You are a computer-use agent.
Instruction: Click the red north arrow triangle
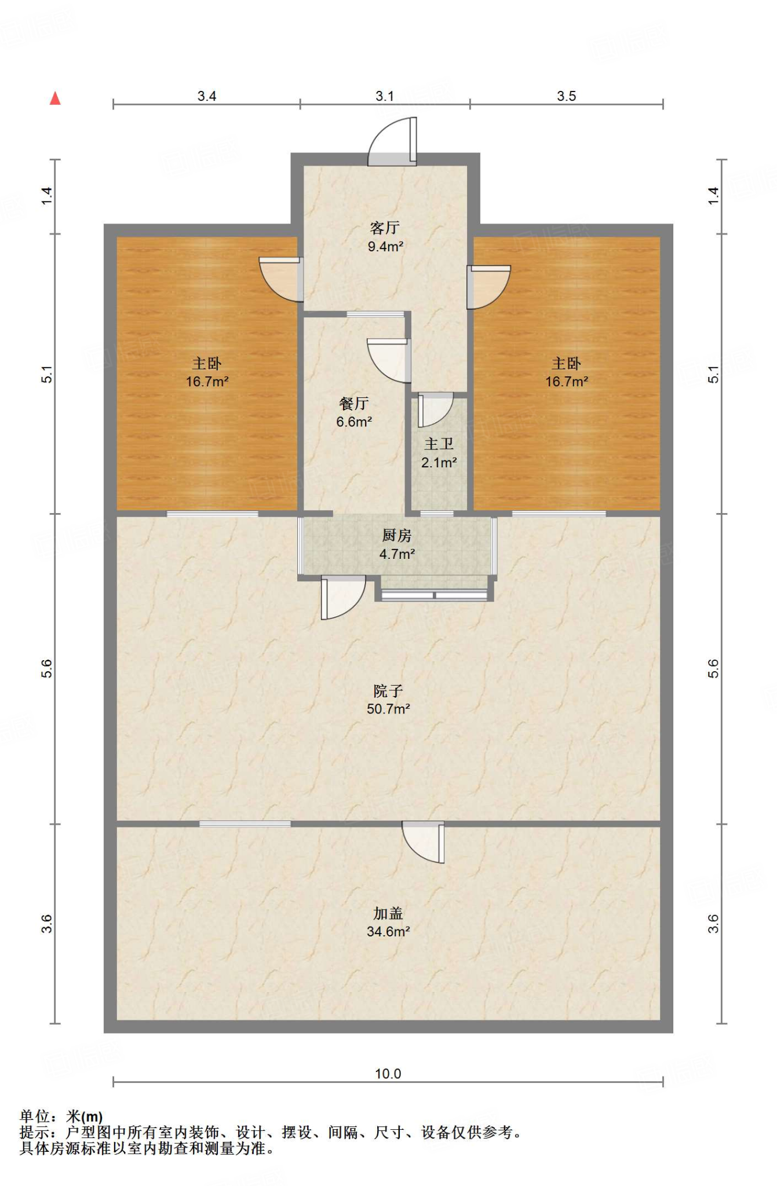(55, 98)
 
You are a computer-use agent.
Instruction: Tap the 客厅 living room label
(385, 228)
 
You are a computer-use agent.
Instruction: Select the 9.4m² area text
(385, 247)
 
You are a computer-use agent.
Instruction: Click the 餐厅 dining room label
(354, 404)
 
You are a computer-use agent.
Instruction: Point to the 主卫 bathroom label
(439, 444)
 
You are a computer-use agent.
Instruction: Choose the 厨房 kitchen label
(397, 536)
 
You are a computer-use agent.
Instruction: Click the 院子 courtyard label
(388, 691)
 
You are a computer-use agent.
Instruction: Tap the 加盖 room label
(388, 913)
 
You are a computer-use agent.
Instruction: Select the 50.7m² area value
(388, 709)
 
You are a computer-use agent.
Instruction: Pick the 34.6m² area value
(388, 931)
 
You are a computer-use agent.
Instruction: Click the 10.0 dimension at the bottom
(388, 1074)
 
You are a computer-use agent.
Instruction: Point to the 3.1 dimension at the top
(385, 96)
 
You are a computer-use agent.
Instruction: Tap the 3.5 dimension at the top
(567, 96)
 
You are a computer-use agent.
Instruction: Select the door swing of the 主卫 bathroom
(435, 409)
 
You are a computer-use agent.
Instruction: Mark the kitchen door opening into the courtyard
(343, 597)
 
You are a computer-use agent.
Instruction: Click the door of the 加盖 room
(424, 842)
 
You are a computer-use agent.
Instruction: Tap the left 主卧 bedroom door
(281, 279)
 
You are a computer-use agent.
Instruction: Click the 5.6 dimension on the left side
(47, 669)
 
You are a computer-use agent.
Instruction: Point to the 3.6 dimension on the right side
(713, 924)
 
